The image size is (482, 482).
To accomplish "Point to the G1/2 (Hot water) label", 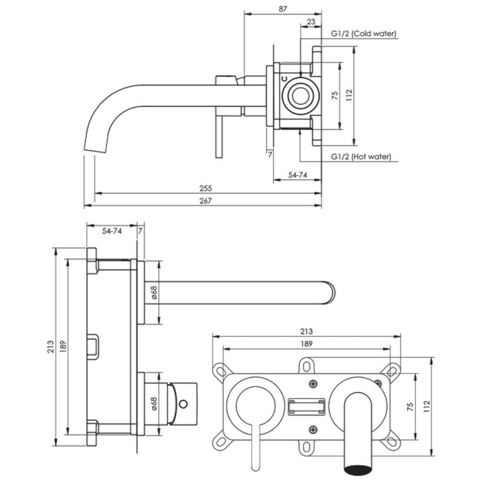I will pyautogui.click(x=361, y=157).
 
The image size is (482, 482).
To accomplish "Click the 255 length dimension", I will pyautogui.click(x=205, y=189).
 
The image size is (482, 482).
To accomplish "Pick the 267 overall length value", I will pyautogui.click(x=205, y=201).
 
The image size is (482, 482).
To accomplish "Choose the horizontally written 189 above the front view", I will pyautogui.click(x=306, y=343).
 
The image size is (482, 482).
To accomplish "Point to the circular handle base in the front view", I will pyautogui.click(x=252, y=405).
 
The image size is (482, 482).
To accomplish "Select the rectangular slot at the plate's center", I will pyautogui.click(x=306, y=406).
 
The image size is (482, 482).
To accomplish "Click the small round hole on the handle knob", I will pyautogui.click(x=184, y=404).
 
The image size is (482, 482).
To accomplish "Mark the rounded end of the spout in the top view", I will pyautogui.click(x=333, y=291).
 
